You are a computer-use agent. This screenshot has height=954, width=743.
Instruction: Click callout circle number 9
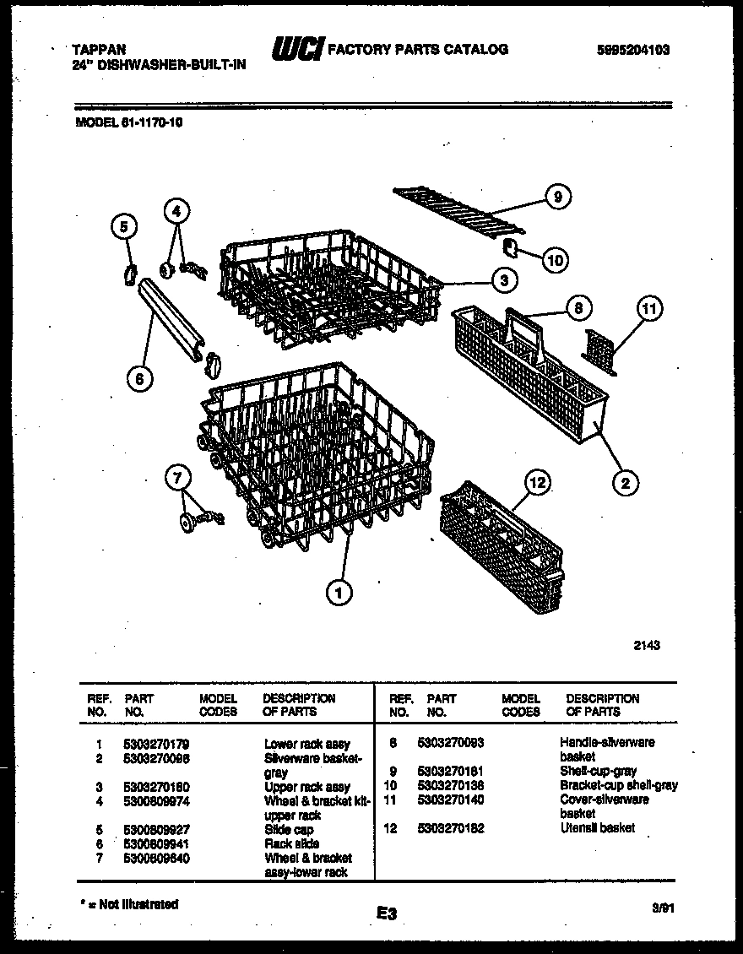click(x=556, y=197)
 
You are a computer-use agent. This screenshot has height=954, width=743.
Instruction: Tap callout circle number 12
click(x=538, y=482)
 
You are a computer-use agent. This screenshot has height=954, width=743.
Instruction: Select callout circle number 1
click(x=339, y=594)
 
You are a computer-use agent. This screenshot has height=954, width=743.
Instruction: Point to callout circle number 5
click(x=123, y=225)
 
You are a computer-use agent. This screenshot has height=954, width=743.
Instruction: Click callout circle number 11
click(x=648, y=308)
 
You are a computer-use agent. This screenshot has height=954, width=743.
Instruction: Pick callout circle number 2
click(x=625, y=483)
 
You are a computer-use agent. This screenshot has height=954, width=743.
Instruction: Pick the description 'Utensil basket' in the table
click(x=597, y=828)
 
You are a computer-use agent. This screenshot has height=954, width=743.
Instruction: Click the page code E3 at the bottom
click(x=387, y=913)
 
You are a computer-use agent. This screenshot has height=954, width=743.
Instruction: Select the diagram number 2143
click(x=647, y=646)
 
